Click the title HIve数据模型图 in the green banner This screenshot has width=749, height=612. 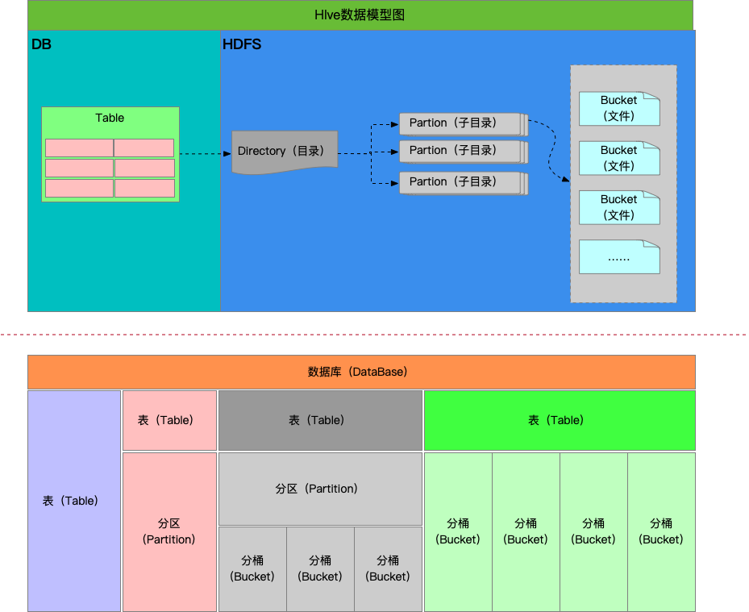click(360, 15)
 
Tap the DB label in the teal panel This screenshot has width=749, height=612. click(41, 44)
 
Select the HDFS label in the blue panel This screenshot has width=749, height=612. click(242, 44)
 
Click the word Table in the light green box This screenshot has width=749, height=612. click(110, 118)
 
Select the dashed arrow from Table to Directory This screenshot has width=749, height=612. click(205, 153)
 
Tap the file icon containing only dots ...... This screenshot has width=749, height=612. click(618, 257)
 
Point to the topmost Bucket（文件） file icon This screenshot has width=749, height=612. click(618, 108)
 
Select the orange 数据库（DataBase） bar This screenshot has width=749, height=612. click(361, 372)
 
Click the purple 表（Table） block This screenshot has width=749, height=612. click(74, 501)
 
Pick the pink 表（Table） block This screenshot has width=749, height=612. click(169, 420)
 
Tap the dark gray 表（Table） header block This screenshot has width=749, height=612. click(320, 420)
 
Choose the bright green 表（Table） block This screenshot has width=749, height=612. click(559, 420)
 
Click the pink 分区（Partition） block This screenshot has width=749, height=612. click(169, 531)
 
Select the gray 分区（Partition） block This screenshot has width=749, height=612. click(320, 489)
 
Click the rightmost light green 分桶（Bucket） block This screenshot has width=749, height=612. click(661, 531)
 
